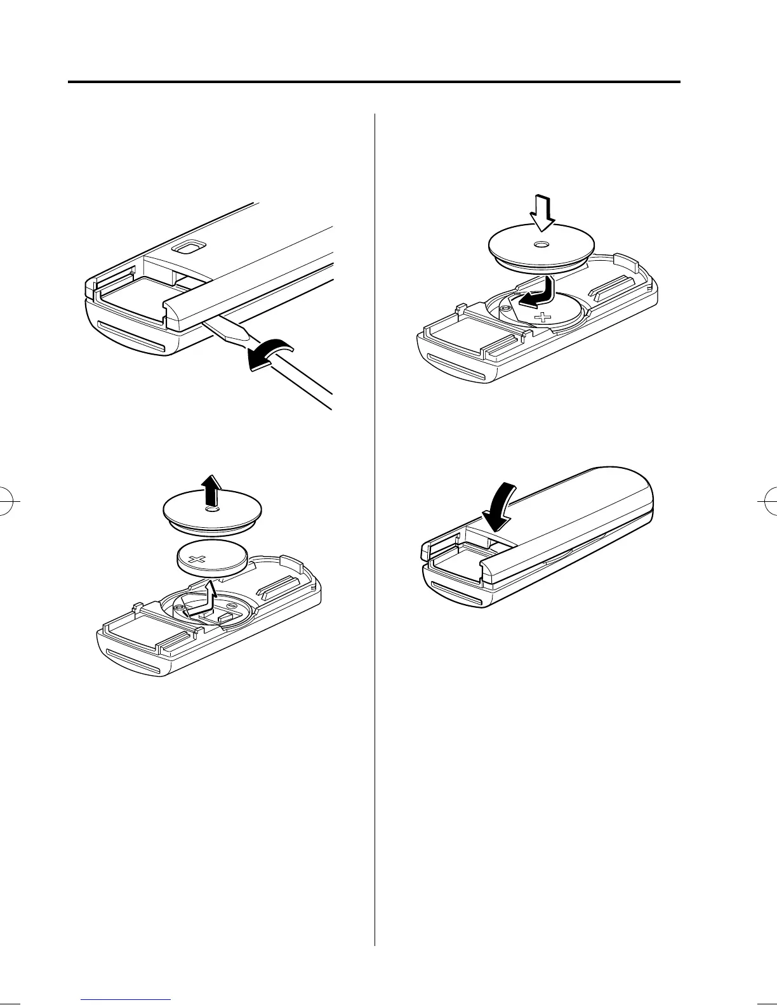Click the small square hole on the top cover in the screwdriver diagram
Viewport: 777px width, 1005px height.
(x=188, y=246)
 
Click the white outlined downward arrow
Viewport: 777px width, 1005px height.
(x=543, y=214)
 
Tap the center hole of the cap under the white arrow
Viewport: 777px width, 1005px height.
(x=541, y=245)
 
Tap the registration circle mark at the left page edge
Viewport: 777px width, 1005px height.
(x=8, y=500)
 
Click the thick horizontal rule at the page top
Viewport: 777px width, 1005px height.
(x=374, y=82)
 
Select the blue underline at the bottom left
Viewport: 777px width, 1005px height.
(x=126, y=1001)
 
